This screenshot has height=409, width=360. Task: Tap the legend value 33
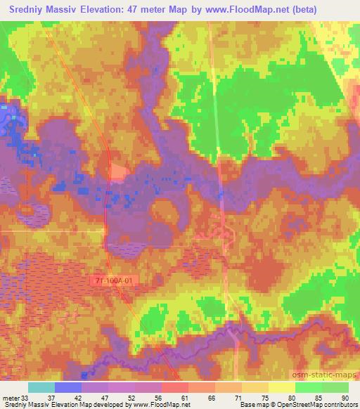coord(25,397)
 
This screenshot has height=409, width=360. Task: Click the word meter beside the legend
coord(10,397)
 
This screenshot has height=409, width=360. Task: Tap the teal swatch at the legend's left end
coord(41,387)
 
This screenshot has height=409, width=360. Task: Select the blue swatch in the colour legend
coord(68,387)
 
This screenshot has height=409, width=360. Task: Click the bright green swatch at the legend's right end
coord(335,387)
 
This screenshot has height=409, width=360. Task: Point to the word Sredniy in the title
coord(29,9)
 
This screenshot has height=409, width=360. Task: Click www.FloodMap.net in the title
coord(248,9)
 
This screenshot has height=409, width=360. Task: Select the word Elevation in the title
coord(113,9)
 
